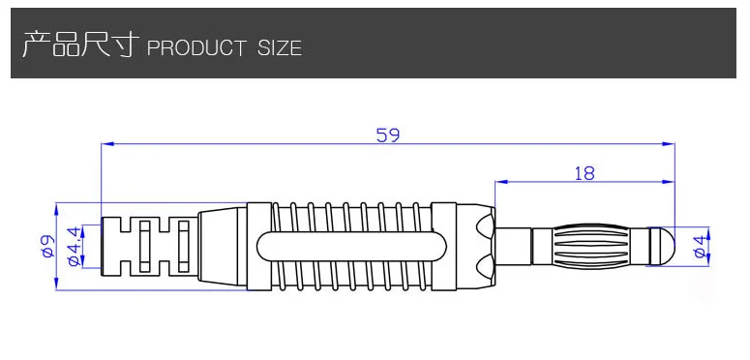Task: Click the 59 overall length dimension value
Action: click(387, 135)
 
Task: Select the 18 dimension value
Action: click(584, 173)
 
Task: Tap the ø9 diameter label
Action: click(47, 247)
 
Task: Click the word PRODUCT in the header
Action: click(196, 48)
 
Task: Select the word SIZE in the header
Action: click(280, 48)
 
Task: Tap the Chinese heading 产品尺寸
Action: click(80, 45)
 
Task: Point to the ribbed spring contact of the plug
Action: click(590, 247)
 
